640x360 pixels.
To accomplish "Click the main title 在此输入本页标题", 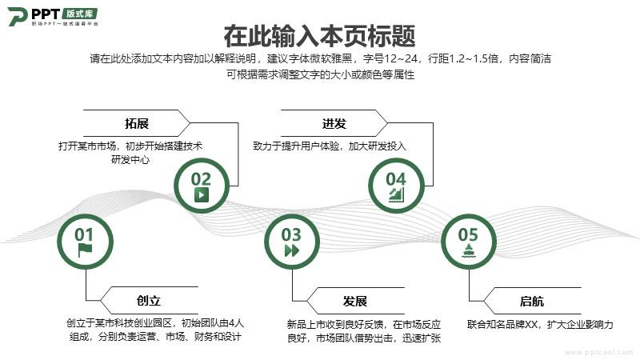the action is tap(319, 36).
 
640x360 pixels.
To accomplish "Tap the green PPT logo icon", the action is tap(18, 16).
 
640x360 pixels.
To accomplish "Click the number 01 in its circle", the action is tap(84, 234).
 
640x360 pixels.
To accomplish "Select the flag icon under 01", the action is tap(85, 250).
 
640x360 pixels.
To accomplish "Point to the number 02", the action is tap(201, 179).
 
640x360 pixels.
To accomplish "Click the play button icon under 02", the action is tap(201, 194).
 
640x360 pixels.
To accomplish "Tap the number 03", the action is tap(291, 234).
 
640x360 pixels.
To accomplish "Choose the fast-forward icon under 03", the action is tap(292, 250).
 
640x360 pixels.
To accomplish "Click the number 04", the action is tap(396, 179).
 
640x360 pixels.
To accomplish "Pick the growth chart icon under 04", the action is tap(396, 194).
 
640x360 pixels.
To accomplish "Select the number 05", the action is tap(468, 234).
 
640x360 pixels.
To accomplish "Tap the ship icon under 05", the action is tap(468, 250).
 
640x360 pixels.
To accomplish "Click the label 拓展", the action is tap(136, 123).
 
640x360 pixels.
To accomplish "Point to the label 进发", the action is tap(334, 123).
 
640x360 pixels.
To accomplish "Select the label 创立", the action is tap(149, 301).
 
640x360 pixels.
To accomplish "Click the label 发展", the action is tap(354, 302).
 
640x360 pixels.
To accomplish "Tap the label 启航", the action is tap(531, 302).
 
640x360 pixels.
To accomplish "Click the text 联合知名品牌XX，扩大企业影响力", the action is tap(540, 325).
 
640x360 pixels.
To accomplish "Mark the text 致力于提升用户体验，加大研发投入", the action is tap(330, 146).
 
